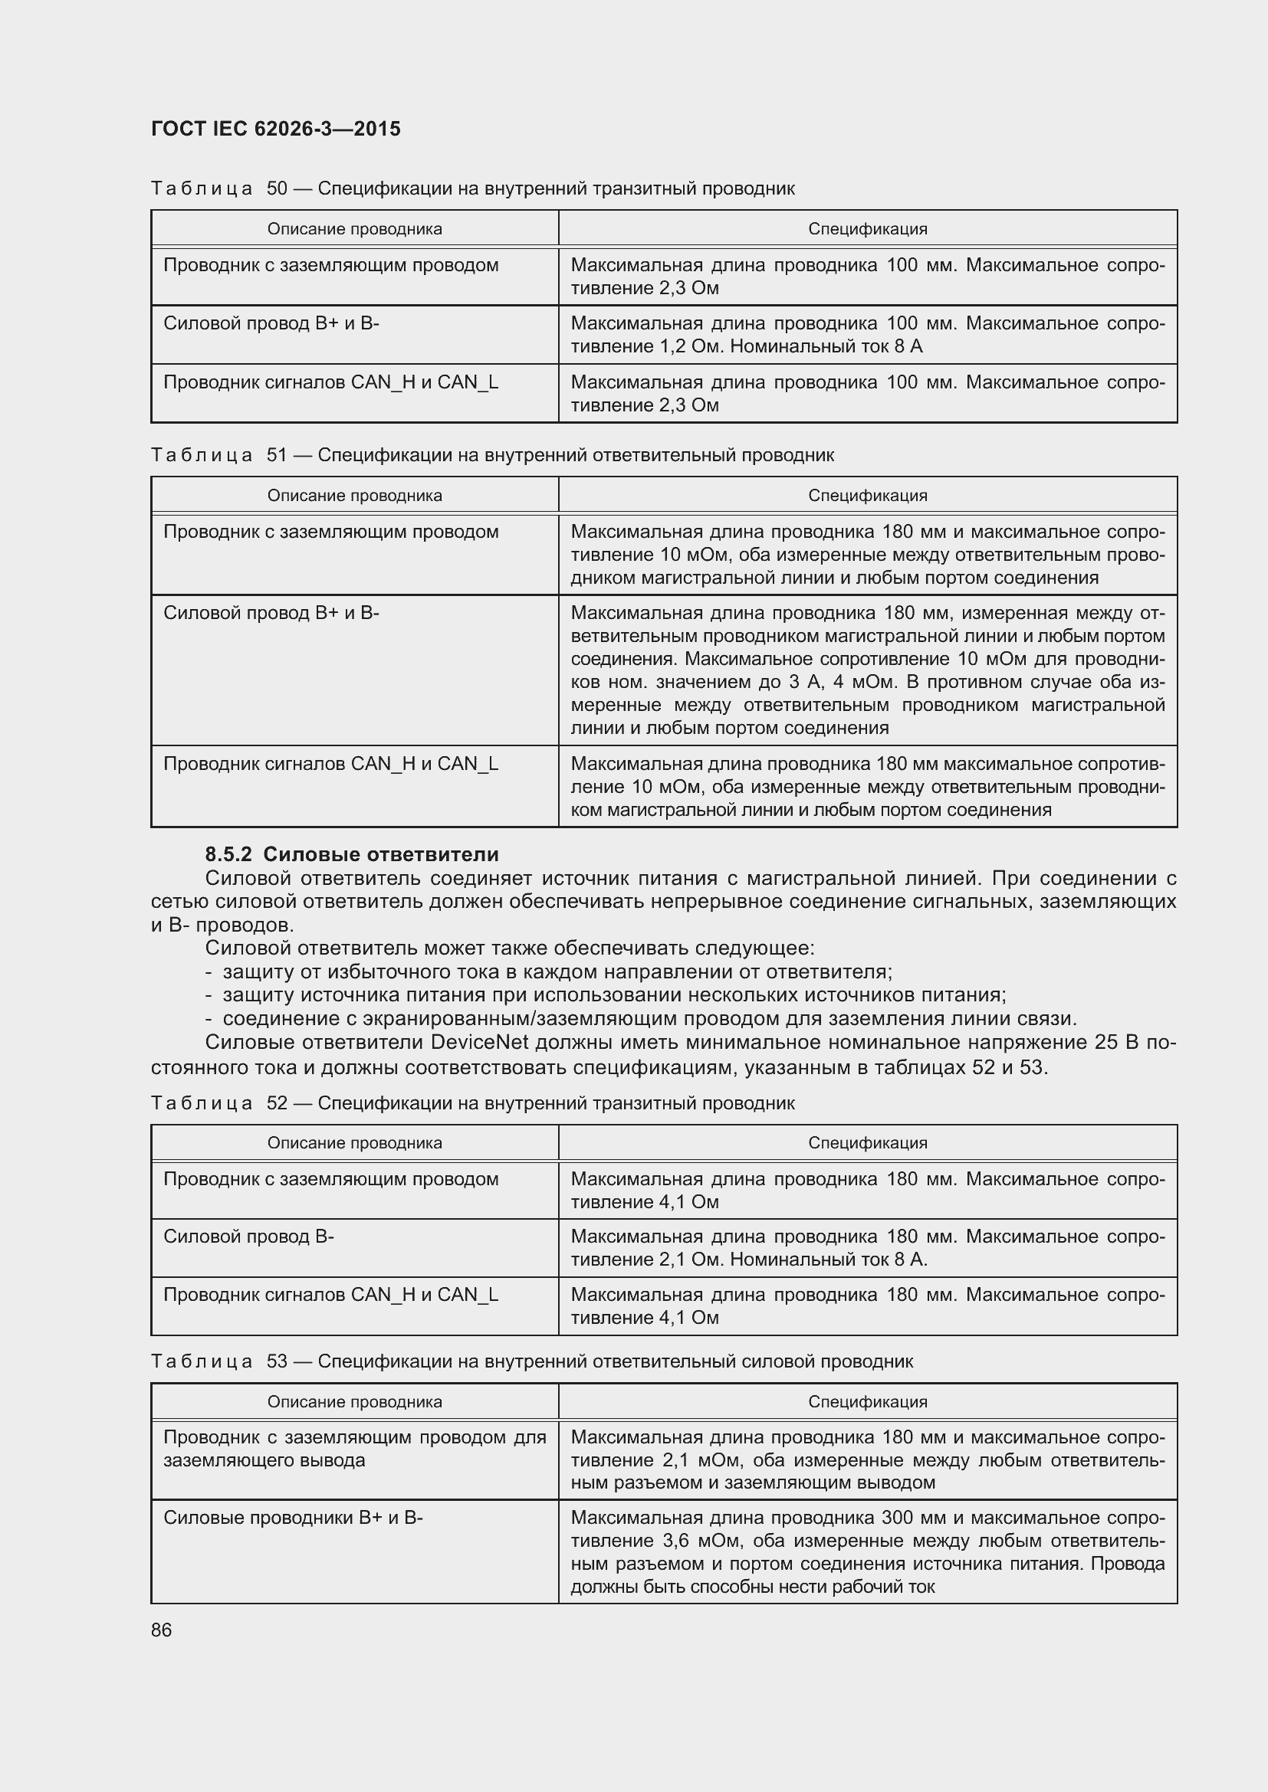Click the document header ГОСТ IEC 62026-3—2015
pyautogui.click(x=276, y=129)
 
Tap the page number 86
pyautogui.click(x=162, y=1630)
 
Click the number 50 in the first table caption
pyautogui.click(x=278, y=188)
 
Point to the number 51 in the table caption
pyautogui.click(x=278, y=454)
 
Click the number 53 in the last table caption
pyautogui.click(x=278, y=1361)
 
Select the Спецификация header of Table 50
pyautogui.click(x=868, y=228)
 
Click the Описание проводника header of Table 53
pyautogui.click(x=354, y=1401)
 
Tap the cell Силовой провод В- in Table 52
pyautogui.click(x=248, y=1237)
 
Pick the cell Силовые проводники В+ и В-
pyautogui.click(x=293, y=1517)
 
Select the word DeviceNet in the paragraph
pyautogui.click(x=479, y=1043)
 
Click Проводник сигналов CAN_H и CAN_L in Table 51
pyautogui.click(x=330, y=763)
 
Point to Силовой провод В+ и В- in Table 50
pyautogui.click(x=271, y=323)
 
